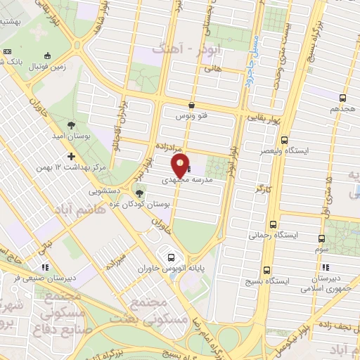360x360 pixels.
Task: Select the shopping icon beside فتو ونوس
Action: click(192, 105)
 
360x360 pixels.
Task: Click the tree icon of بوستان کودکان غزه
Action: click(139, 192)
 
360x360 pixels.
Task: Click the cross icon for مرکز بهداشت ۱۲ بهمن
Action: click(70, 157)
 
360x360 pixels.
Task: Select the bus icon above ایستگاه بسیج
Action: click(267, 270)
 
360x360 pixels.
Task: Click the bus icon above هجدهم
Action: click(342, 98)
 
